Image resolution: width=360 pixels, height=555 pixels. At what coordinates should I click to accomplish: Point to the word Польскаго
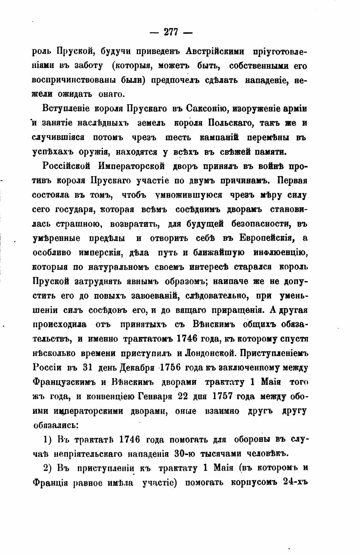click(231, 123)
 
